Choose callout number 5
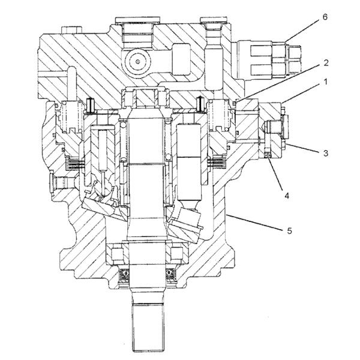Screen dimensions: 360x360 tap(289, 230)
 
